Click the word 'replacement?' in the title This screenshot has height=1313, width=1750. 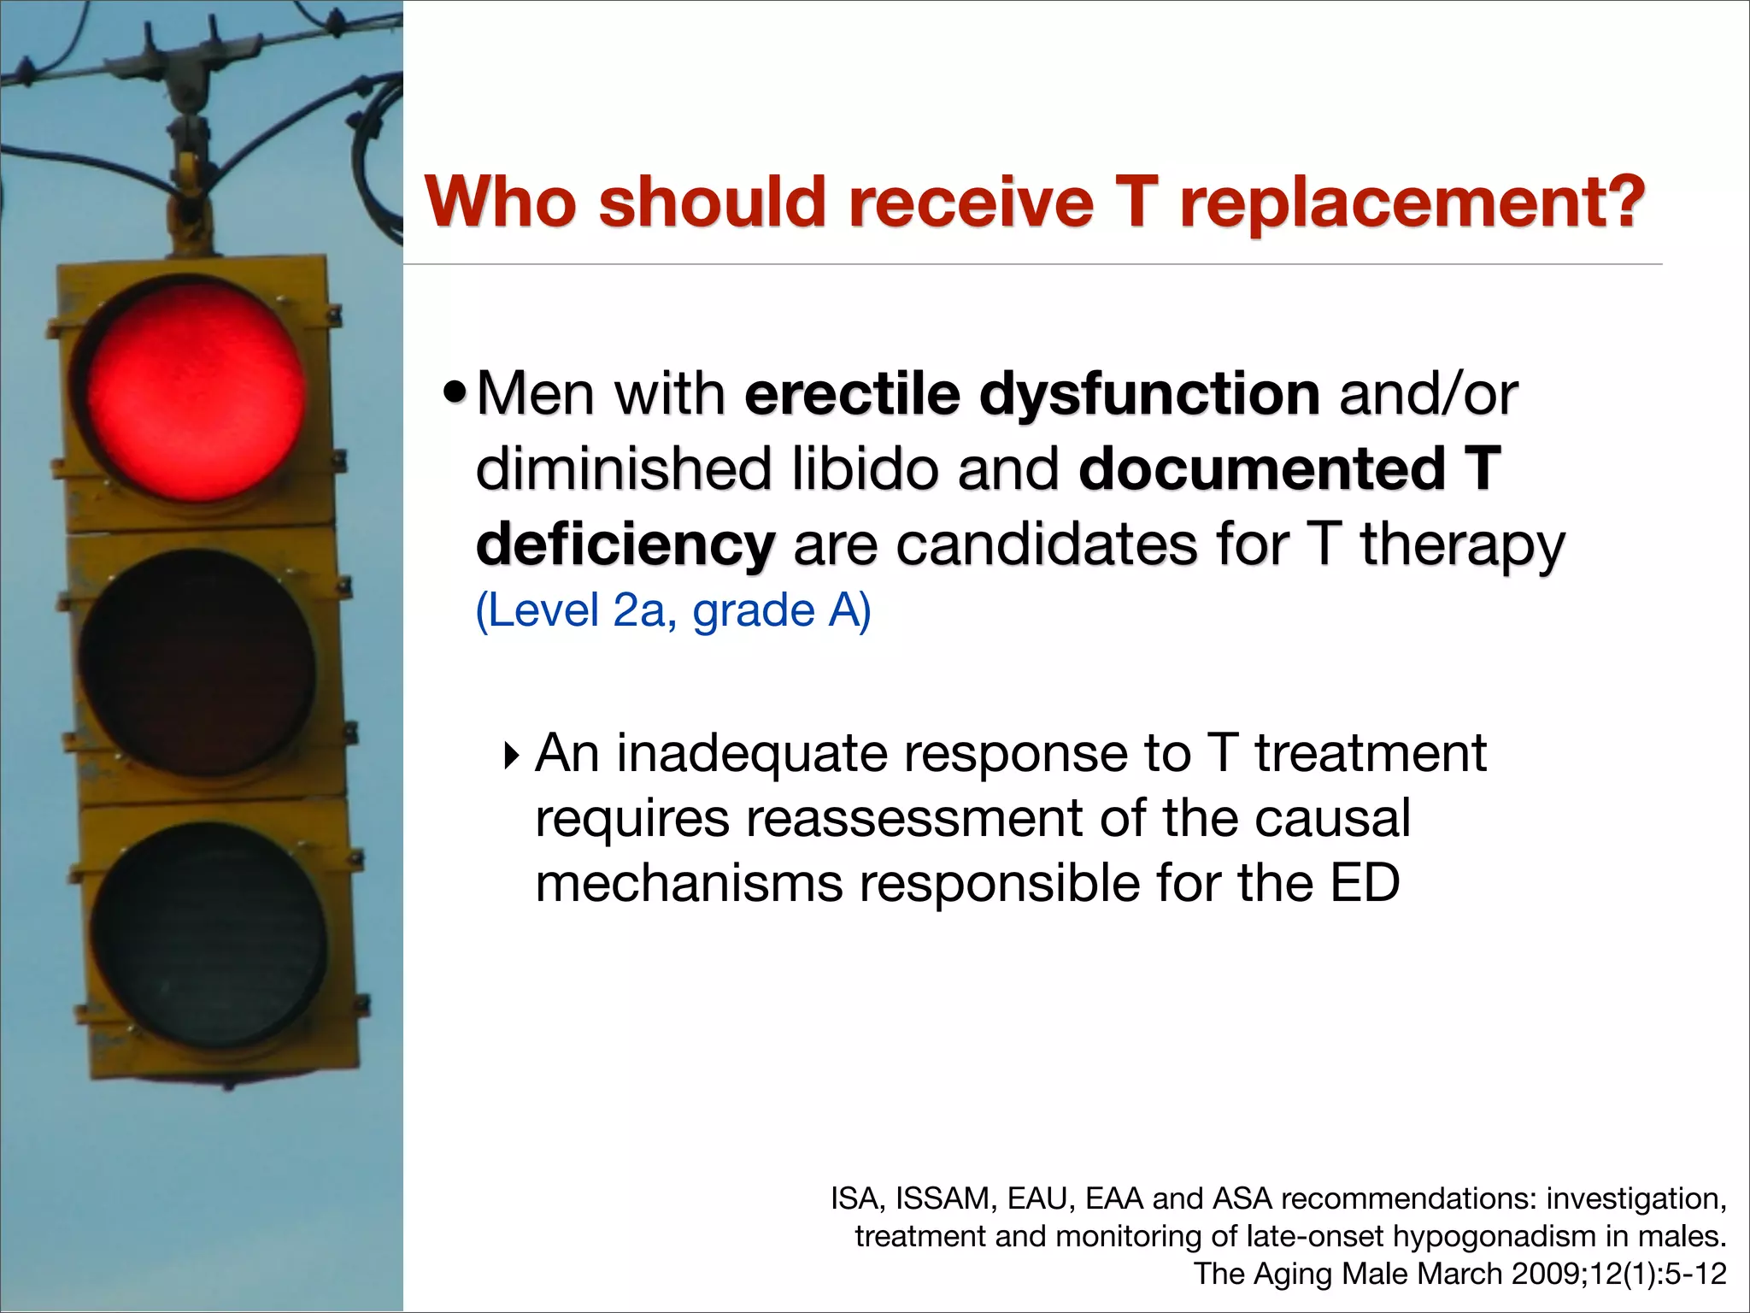[1412, 203]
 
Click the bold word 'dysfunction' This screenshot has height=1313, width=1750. [1149, 394]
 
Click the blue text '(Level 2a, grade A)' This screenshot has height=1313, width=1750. [673, 610]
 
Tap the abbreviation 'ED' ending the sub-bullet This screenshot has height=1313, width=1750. [1365, 883]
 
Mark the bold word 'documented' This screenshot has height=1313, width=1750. [1262, 469]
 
